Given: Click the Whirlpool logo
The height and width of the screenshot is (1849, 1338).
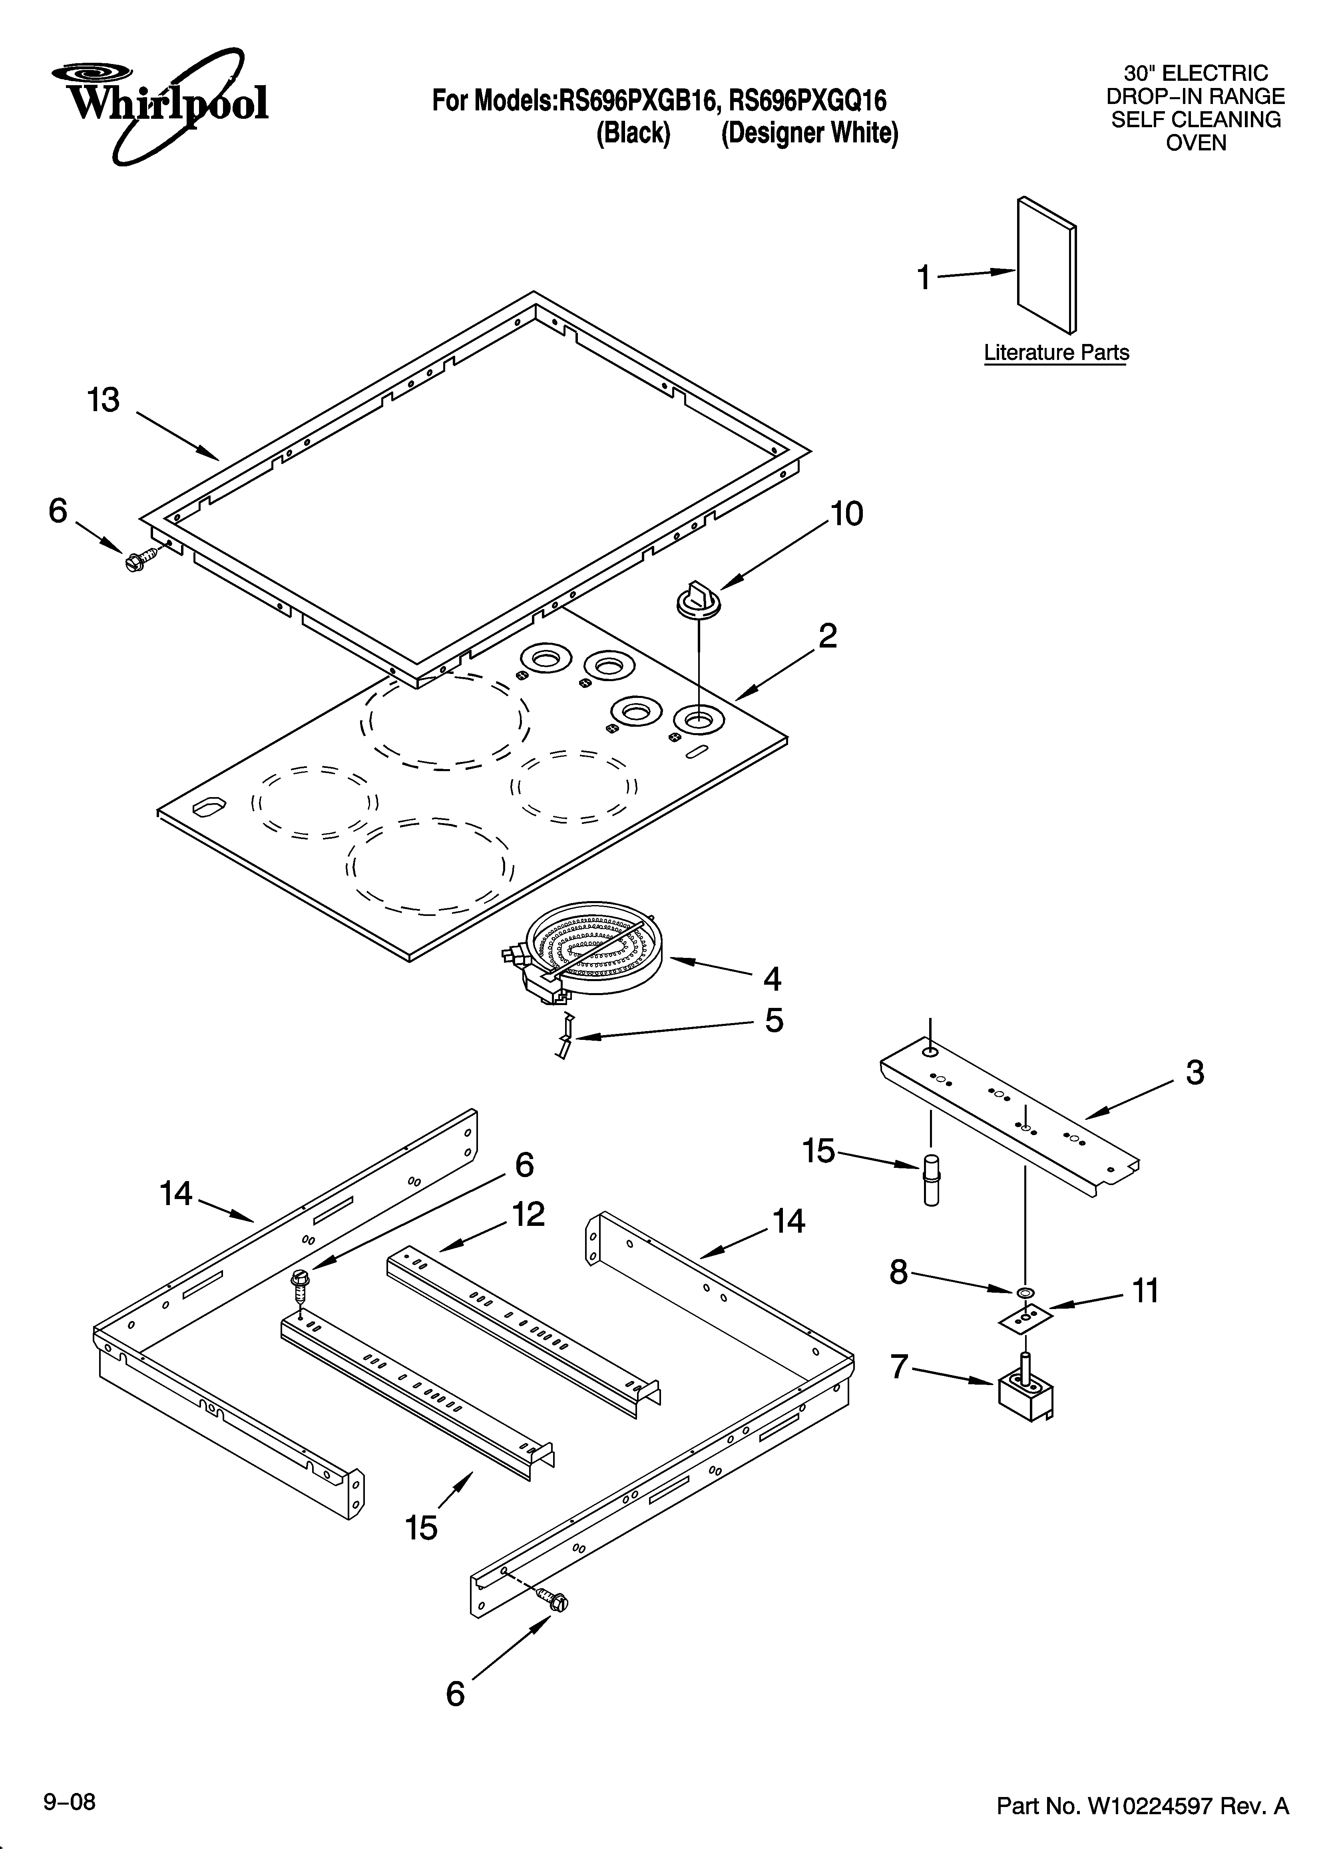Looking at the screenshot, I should [x=160, y=104].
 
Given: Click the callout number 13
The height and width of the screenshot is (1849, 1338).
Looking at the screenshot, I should [x=104, y=400].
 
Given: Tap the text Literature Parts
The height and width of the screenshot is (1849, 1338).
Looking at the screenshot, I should [x=1056, y=353].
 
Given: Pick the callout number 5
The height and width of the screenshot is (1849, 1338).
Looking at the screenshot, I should [x=773, y=1021].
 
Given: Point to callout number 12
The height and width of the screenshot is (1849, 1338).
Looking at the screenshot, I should [x=528, y=1215].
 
